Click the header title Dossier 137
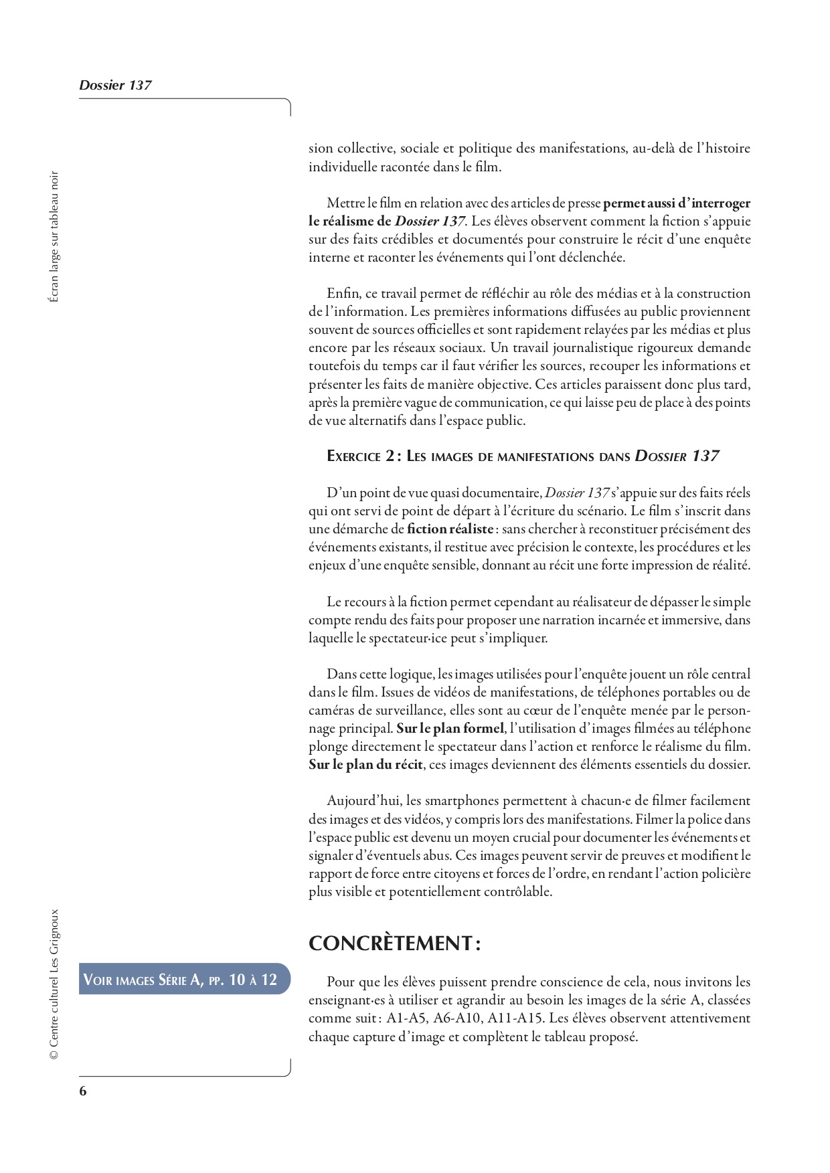(115, 85)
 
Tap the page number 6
(83, 1091)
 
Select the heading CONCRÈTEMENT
(394, 943)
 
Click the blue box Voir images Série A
(180, 980)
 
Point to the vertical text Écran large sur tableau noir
(54, 237)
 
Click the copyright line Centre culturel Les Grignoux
(54, 984)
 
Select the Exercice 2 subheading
(523, 456)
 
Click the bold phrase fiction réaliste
(450, 529)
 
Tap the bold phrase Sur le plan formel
(449, 728)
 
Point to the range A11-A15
(513, 1018)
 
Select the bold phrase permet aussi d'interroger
(677, 203)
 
